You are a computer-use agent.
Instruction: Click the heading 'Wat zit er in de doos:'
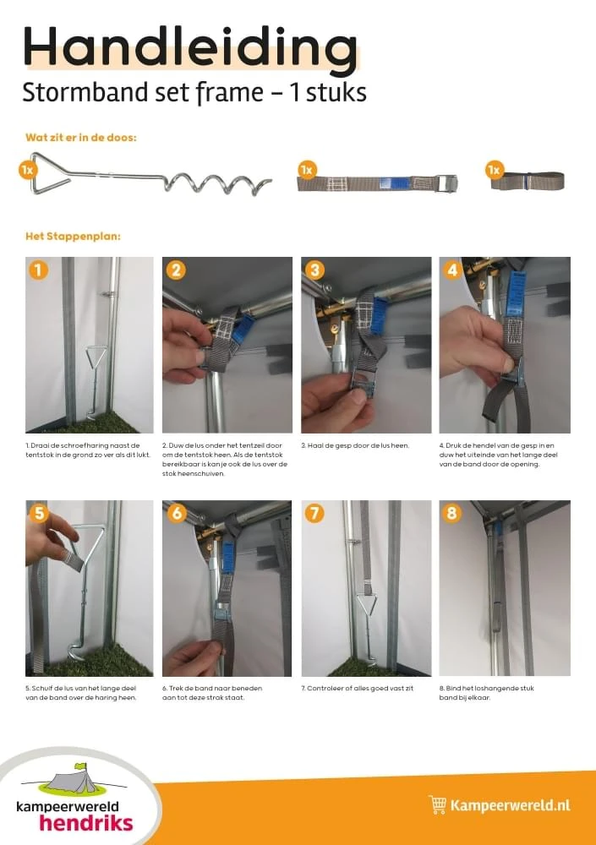click(81, 136)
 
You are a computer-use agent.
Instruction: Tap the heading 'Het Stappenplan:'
click(73, 236)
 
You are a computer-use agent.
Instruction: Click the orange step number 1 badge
click(38, 270)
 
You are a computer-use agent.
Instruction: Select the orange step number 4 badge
click(452, 270)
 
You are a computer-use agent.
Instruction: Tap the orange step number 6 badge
click(176, 513)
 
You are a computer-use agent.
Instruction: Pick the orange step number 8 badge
click(452, 513)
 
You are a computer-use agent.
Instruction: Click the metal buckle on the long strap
click(445, 183)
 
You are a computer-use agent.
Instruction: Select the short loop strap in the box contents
click(530, 180)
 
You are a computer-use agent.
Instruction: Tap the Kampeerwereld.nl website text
click(510, 805)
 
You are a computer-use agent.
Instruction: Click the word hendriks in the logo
click(85, 822)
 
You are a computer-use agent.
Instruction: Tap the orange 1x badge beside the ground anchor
click(28, 170)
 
